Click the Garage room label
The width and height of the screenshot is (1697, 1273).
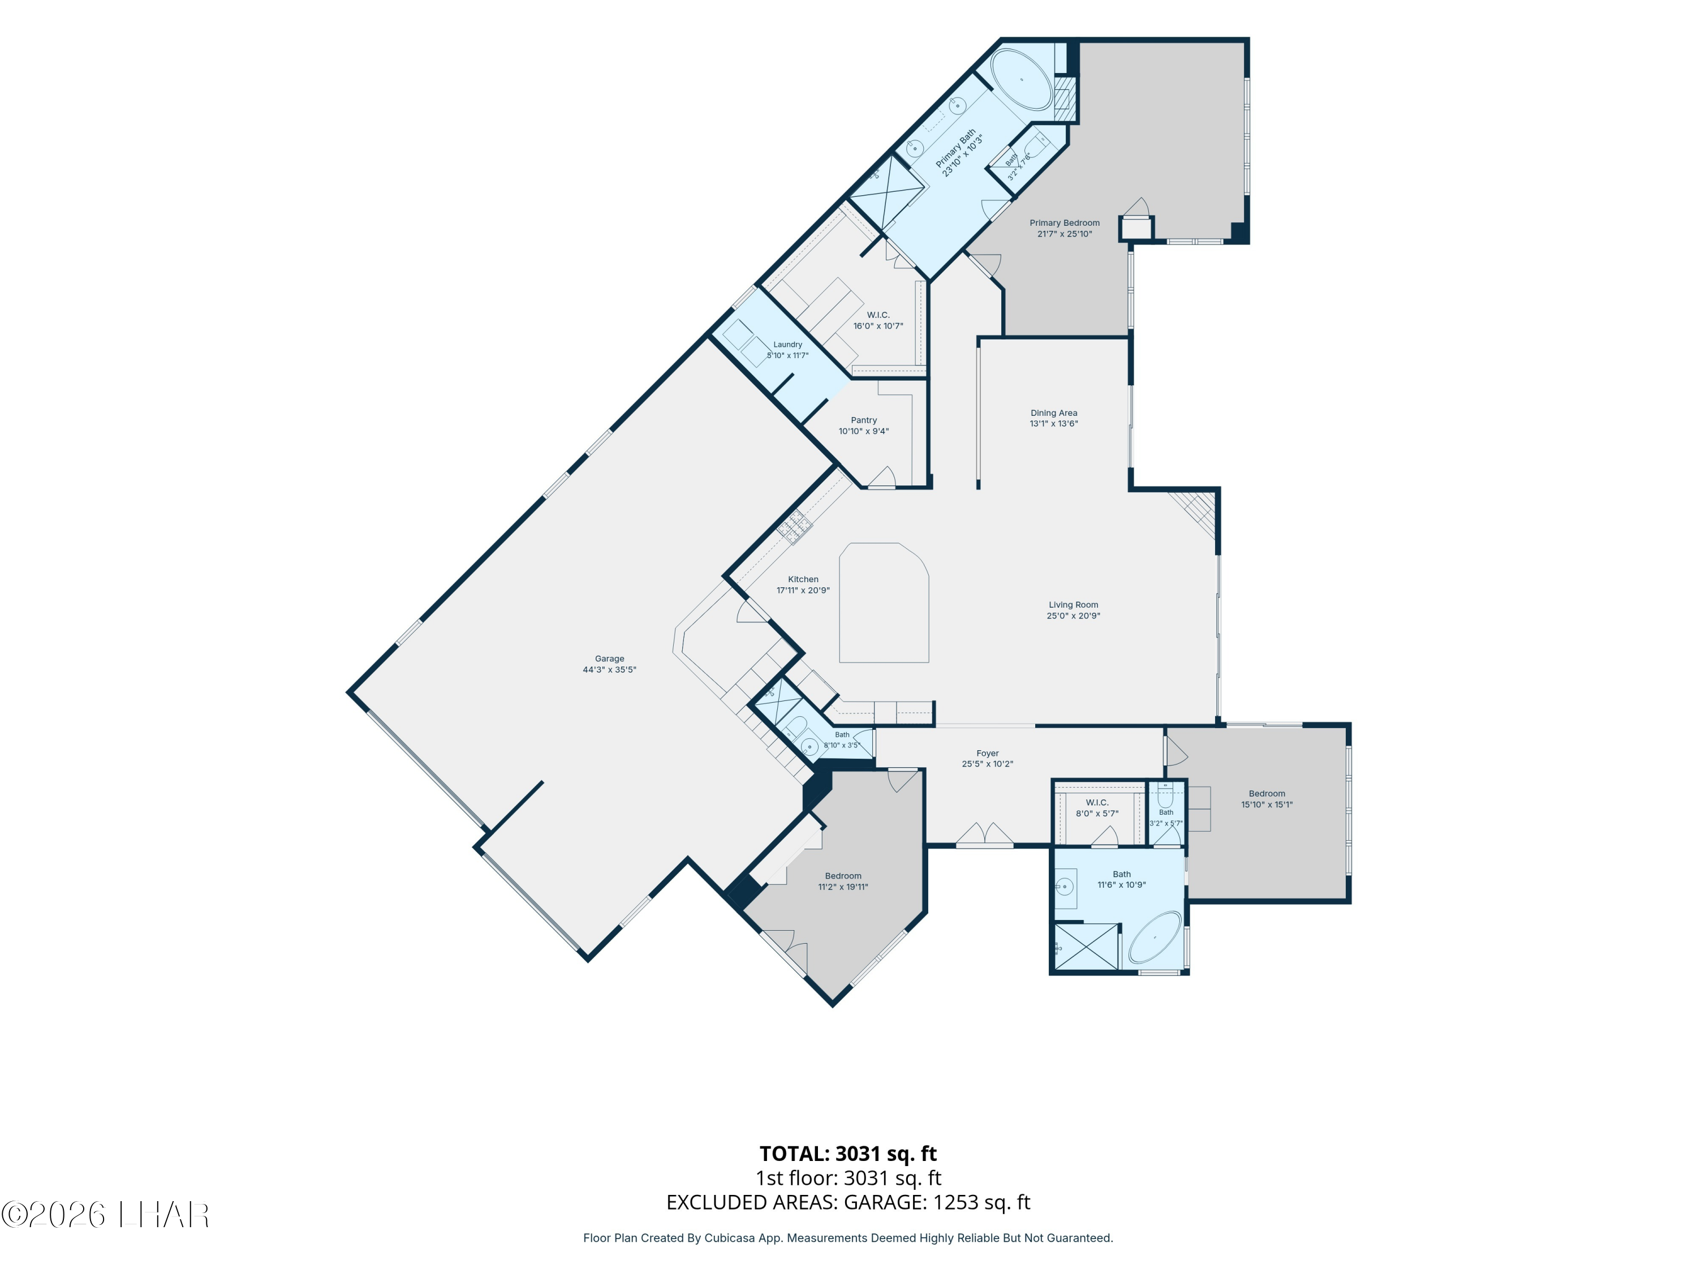coord(609,659)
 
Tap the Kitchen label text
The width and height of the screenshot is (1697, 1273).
coord(803,579)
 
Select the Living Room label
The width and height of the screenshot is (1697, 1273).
coord(1073,605)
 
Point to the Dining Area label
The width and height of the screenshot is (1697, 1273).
coord(1053,413)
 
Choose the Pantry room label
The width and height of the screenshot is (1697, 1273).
coord(864,420)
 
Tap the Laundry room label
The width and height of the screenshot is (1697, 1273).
coord(787,345)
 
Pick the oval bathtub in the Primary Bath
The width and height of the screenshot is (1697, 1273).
coord(1020,80)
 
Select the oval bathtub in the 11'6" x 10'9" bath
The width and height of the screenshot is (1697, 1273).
coord(1155,940)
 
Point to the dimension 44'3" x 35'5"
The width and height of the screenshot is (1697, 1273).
coord(609,670)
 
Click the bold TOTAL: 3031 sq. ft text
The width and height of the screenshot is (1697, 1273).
coord(848,1153)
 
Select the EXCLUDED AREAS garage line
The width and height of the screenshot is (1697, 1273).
coord(848,1202)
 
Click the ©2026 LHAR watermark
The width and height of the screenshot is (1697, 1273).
coord(105,1215)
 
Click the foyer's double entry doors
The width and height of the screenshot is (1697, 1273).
coord(985,835)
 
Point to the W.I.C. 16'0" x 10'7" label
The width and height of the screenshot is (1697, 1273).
coord(878,321)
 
